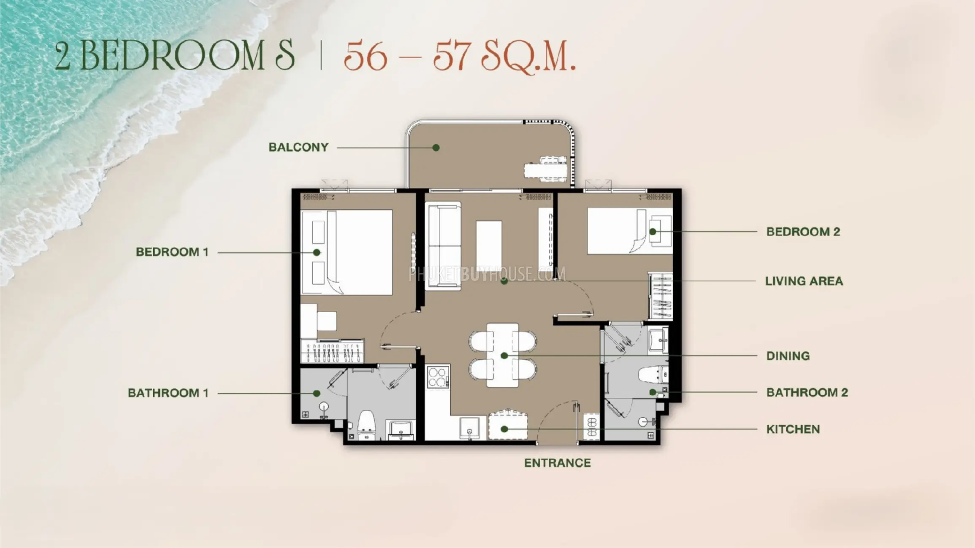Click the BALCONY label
(298, 147)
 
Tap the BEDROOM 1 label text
(172, 252)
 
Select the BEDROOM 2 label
(803, 232)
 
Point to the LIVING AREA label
(804, 281)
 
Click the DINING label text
(788, 356)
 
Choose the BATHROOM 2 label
(807, 392)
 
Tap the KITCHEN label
(793, 429)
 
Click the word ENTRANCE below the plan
(558, 463)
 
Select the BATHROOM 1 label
(168, 393)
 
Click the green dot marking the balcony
(436, 148)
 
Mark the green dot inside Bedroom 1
(317, 252)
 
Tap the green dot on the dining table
(504, 356)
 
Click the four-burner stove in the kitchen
(438, 377)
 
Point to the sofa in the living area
(443, 246)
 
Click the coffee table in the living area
(489, 245)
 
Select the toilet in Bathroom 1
(366, 424)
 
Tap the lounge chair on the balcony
(546, 169)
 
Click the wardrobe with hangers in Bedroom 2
(661, 296)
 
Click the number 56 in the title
(365, 56)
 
